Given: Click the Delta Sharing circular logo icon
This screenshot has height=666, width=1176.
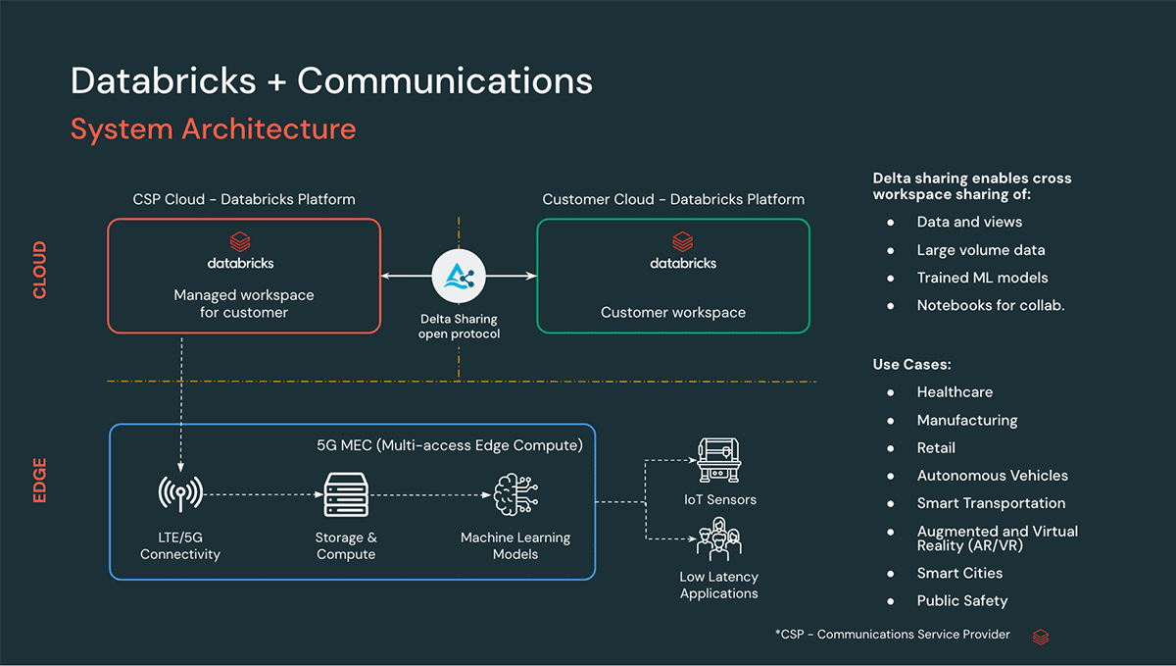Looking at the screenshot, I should click(x=460, y=277).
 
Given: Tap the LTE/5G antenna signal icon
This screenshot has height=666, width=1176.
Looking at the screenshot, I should click(x=180, y=493).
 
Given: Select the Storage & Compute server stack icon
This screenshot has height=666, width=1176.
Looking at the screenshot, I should click(x=345, y=495).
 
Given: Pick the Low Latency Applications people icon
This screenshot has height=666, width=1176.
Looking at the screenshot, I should click(x=719, y=540).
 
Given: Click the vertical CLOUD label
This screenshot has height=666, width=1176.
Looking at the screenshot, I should click(x=40, y=271).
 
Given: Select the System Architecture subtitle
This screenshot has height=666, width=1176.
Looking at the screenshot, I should click(x=213, y=128).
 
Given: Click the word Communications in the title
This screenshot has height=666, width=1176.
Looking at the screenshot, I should click(x=445, y=80).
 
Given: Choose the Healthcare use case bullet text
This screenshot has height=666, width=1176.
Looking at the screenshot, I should click(x=955, y=392).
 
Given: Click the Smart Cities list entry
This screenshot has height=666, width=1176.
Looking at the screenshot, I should click(x=959, y=573).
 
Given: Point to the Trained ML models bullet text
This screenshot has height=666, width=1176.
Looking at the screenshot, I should click(x=982, y=278).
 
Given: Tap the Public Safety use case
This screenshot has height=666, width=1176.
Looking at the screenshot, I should click(x=961, y=600).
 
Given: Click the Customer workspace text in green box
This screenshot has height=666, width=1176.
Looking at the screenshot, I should click(x=673, y=313).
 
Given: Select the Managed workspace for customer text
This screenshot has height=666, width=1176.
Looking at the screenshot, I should click(x=244, y=304).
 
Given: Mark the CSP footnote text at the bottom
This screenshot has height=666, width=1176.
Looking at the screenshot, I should click(x=892, y=635).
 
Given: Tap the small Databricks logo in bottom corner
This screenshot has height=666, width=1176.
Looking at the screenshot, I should click(x=1041, y=637).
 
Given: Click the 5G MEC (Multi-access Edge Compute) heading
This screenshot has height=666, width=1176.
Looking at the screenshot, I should click(x=449, y=445).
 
